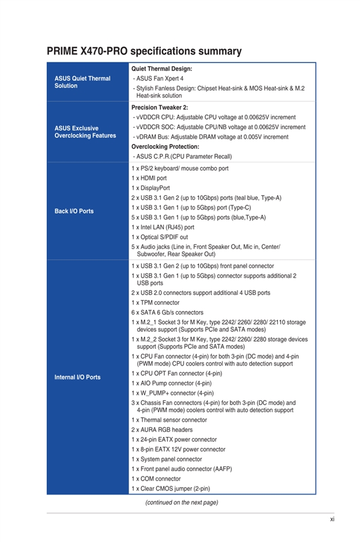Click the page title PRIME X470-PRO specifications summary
click(x=144, y=52)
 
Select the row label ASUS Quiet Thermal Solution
click(x=82, y=82)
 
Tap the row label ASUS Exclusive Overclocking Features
click(x=85, y=131)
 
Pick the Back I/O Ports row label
click(x=74, y=211)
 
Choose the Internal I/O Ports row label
click(x=77, y=377)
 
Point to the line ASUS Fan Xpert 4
click(x=159, y=79)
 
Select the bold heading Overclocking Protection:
click(x=165, y=146)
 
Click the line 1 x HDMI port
click(x=149, y=178)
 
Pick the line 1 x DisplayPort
click(x=151, y=188)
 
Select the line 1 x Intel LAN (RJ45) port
click(x=163, y=227)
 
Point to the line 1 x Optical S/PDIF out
click(x=160, y=236)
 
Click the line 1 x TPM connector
click(x=155, y=303)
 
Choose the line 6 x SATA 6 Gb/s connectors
click(x=167, y=312)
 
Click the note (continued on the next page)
click(x=181, y=502)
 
